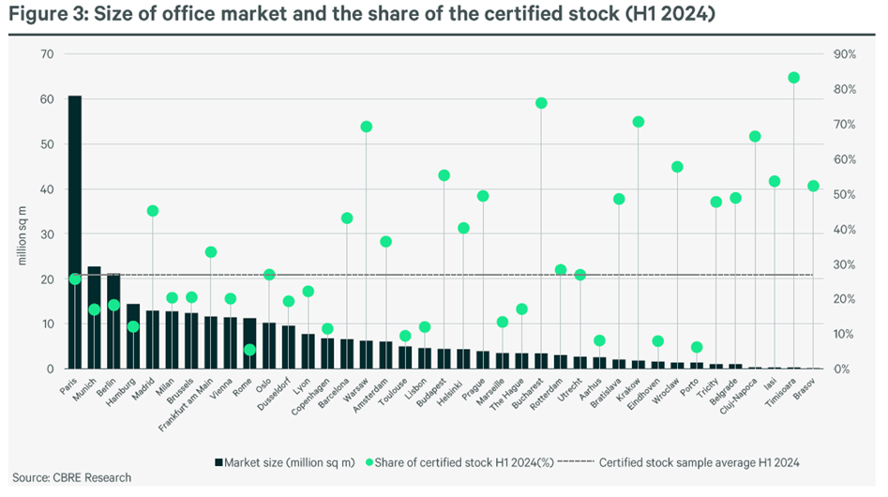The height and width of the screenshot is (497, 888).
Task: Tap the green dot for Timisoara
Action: pyautogui.click(x=794, y=78)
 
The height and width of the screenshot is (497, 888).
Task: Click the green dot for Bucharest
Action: pyautogui.click(x=541, y=103)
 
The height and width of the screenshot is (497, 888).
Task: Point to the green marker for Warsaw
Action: pyautogui.click(x=366, y=127)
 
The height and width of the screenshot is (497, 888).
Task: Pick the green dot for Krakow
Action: pyautogui.click(x=639, y=122)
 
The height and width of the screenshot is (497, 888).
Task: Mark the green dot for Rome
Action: pyautogui.click(x=249, y=350)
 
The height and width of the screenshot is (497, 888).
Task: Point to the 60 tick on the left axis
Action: pyautogui.click(x=47, y=99)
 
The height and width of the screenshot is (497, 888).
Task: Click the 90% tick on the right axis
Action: pyautogui.click(x=845, y=54)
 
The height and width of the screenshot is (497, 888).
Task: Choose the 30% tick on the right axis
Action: pyautogui.click(x=845, y=264)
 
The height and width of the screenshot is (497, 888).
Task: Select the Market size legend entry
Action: pyautogui.click(x=272, y=461)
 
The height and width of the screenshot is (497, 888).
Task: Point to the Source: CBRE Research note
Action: pyautogui.click(x=71, y=477)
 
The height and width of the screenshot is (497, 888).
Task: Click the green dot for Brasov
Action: pyautogui.click(x=814, y=186)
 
